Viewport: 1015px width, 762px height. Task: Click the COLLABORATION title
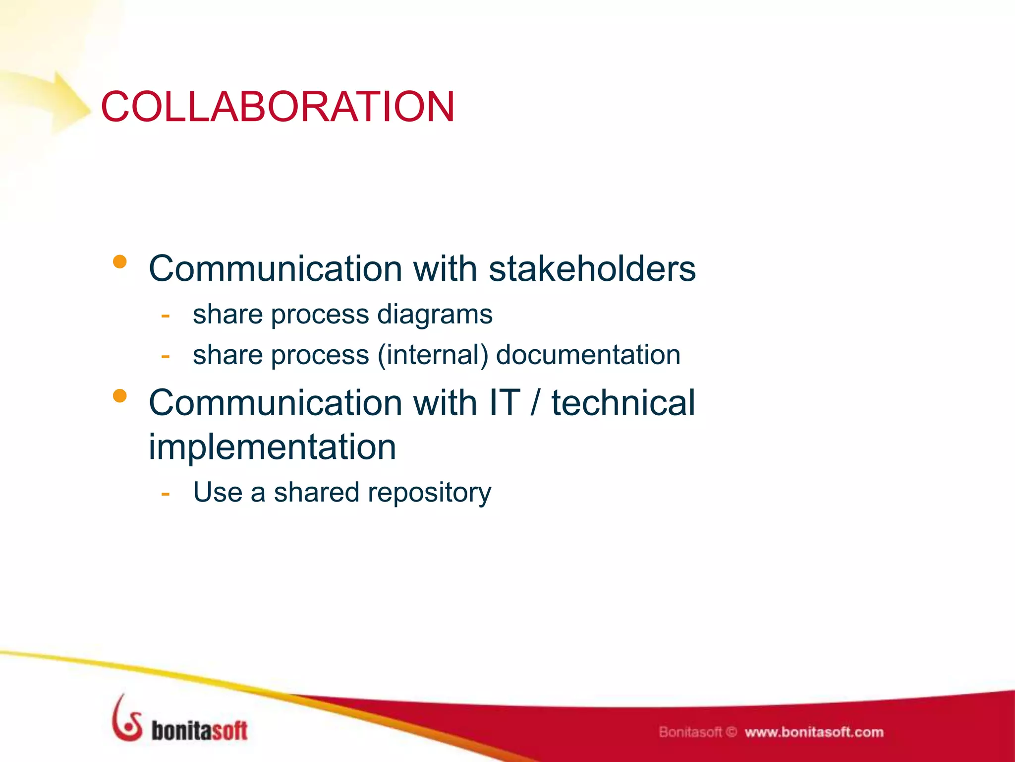[x=278, y=107]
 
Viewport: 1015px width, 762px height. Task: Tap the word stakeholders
[x=592, y=269]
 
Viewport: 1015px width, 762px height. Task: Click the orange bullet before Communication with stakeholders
[x=120, y=261]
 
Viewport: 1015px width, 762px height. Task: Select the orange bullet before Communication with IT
[x=120, y=395]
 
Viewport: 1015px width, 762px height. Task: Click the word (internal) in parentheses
[x=433, y=355]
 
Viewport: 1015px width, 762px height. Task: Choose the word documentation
[x=588, y=355]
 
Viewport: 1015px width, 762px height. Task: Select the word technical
[x=623, y=403]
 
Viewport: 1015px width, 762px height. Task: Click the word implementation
[x=272, y=447]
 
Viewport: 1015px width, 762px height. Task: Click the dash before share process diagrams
[x=166, y=316]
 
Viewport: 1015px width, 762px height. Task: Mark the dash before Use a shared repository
[x=166, y=494]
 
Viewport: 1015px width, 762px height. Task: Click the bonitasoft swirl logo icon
[x=127, y=719]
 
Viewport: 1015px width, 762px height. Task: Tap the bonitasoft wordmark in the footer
[x=199, y=731]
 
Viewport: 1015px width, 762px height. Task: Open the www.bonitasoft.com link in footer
[x=813, y=732]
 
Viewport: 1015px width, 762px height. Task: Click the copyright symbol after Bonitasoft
[x=732, y=732]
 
